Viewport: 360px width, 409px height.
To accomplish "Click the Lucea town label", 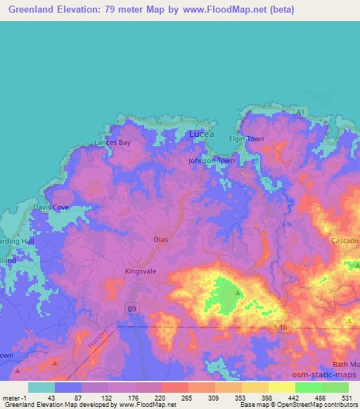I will [x=202, y=133].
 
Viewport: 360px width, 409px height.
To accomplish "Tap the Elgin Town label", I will [x=247, y=138].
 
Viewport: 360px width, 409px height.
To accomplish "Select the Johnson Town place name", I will [x=212, y=161].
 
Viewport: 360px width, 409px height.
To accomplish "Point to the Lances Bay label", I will [x=113, y=143].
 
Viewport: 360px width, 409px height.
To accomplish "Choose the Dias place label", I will [x=160, y=240].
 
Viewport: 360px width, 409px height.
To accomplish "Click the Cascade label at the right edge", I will [x=345, y=240].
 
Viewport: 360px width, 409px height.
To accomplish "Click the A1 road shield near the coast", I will [x=300, y=112].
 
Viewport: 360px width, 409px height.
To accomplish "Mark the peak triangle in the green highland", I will [x=238, y=292].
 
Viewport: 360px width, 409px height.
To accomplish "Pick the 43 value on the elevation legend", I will [x=51, y=398].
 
